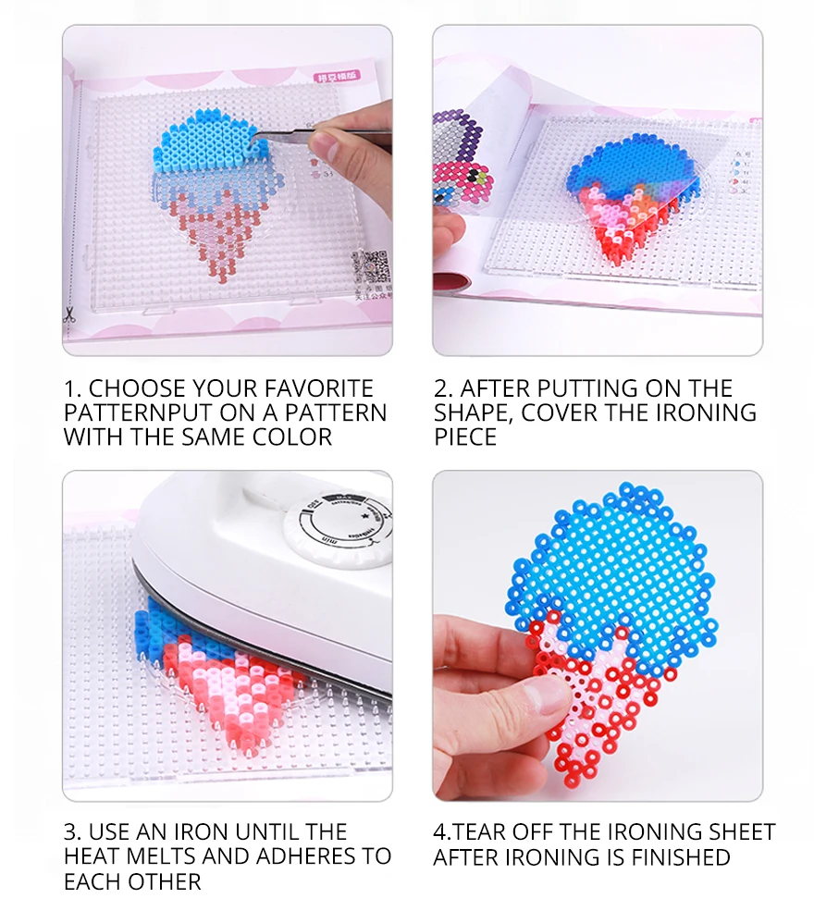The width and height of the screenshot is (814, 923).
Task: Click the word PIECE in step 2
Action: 466,437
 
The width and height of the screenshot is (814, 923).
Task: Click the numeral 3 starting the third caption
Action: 69,832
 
